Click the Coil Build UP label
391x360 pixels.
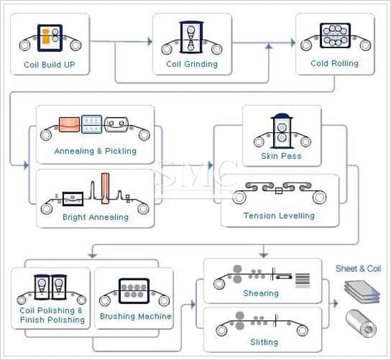click(x=49, y=65)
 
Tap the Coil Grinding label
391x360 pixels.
click(x=192, y=65)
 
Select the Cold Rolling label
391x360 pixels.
click(x=334, y=63)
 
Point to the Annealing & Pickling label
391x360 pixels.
click(x=95, y=151)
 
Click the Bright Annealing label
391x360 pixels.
click(x=95, y=217)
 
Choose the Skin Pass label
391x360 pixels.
click(x=282, y=156)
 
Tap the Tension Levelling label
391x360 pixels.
click(x=279, y=216)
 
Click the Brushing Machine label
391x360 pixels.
click(x=136, y=316)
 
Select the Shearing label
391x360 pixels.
click(x=261, y=293)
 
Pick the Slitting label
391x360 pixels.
click(x=264, y=342)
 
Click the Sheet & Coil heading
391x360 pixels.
click(x=358, y=268)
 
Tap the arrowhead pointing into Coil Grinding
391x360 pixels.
click(x=150, y=42)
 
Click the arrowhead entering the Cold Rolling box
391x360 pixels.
click(x=293, y=43)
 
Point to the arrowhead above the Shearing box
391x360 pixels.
click(x=264, y=255)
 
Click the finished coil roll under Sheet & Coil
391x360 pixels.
click(x=361, y=323)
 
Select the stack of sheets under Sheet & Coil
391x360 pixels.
click(x=362, y=292)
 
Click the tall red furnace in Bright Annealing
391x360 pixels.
click(x=105, y=188)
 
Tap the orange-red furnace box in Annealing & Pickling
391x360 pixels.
click(x=70, y=124)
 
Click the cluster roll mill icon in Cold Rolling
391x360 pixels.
click(x=335, y=36)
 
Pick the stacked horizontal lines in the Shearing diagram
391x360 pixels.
click(x=303, y=280)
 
